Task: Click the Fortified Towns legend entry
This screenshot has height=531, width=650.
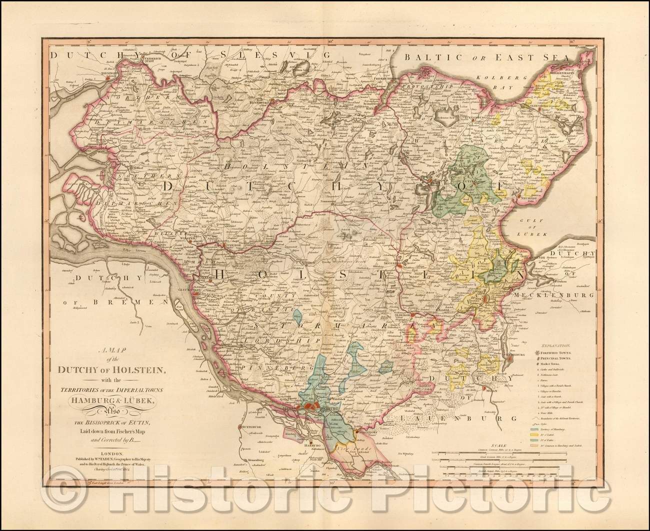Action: pos(562,352)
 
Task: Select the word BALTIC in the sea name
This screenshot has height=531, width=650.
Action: pos(430,57)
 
